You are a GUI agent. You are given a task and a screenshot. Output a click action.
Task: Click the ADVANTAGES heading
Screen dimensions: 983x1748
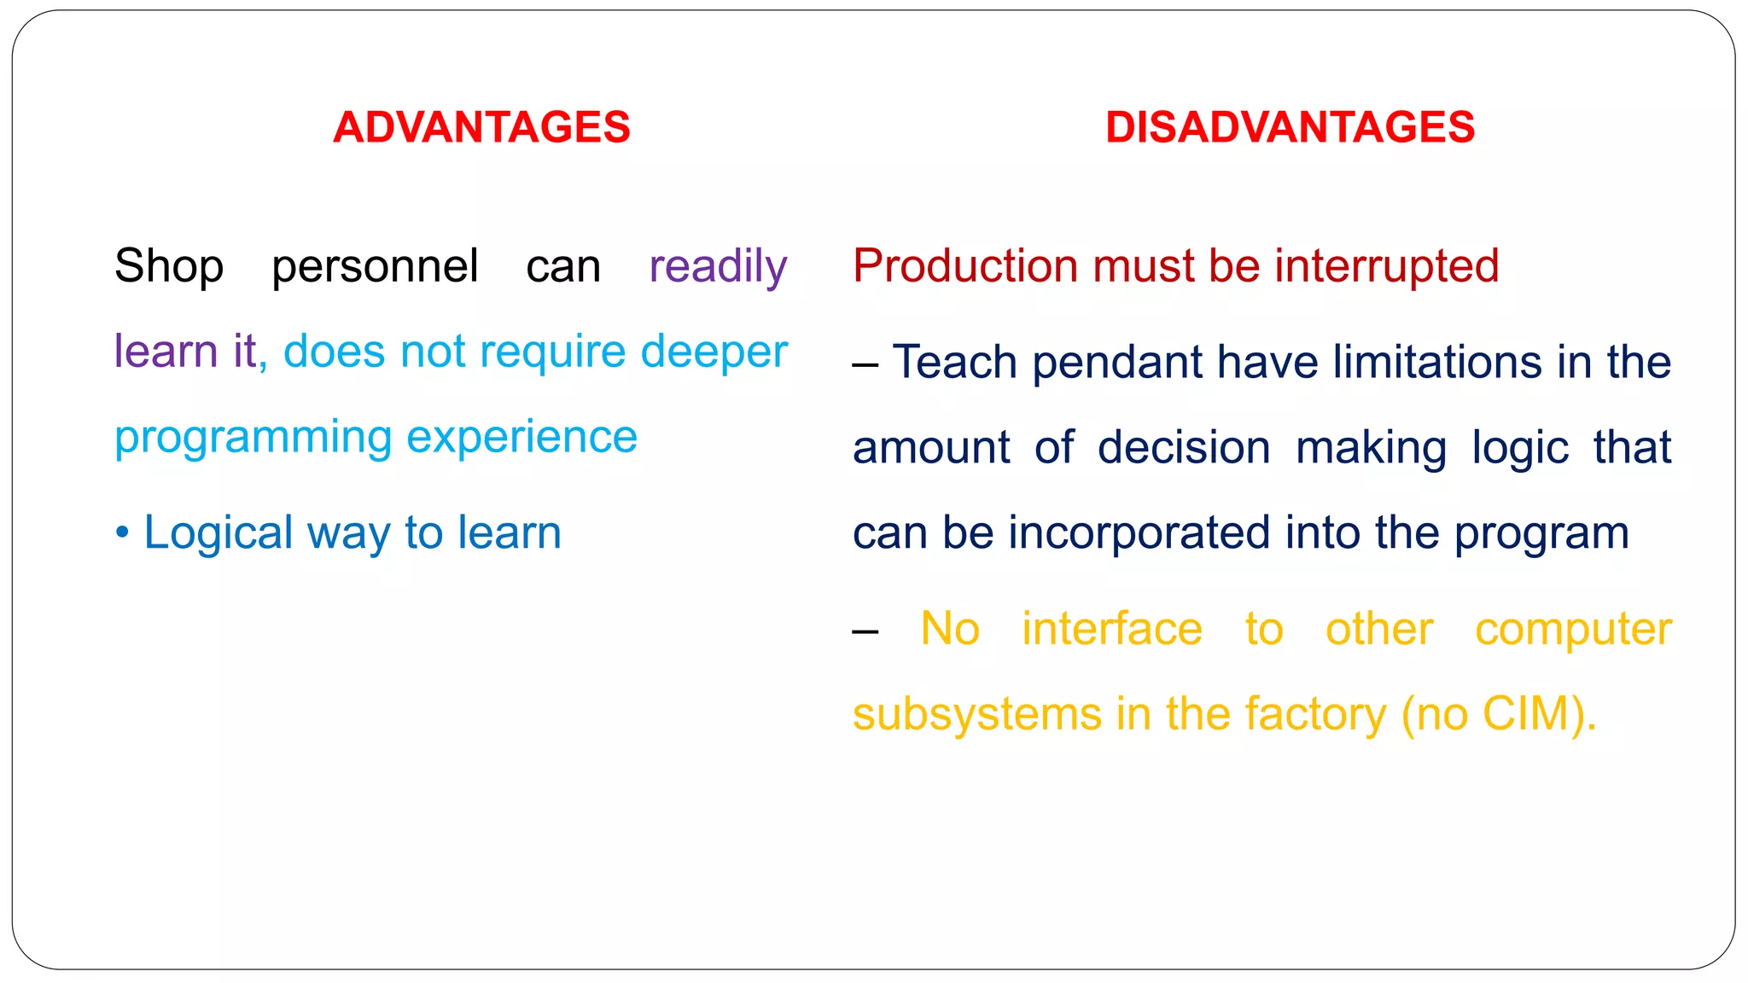(481, 128)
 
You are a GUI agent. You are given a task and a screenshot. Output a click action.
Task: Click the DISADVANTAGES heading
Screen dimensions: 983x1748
(1290, 128)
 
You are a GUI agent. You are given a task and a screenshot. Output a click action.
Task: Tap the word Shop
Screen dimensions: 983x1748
(169, 266)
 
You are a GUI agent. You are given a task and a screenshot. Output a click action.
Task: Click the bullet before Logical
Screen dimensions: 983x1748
(122, 533)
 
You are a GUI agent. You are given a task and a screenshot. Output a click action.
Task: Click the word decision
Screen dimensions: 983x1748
(1184, 448)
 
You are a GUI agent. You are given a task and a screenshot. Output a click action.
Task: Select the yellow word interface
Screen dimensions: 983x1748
(1112, 630)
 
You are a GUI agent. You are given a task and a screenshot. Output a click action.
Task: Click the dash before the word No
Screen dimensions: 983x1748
(865, 632)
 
